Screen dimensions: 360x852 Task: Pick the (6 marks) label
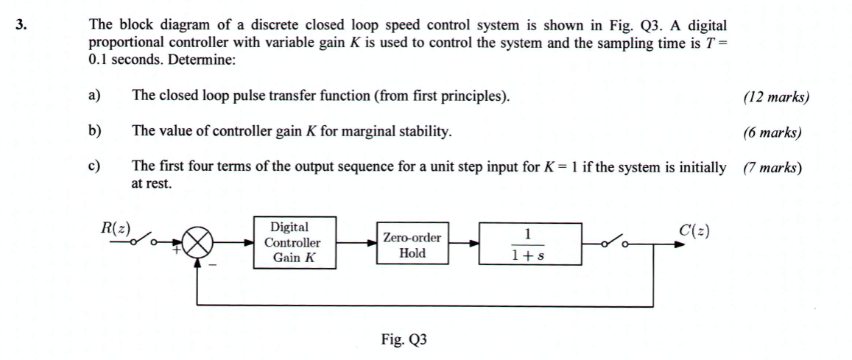[x=772, y=133]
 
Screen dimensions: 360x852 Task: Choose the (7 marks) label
[x=772, y=168]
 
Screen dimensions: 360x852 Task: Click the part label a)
[x=94, y=96]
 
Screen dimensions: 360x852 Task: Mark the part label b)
[x=94, y=132]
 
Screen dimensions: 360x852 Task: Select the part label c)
[x=94, y=167]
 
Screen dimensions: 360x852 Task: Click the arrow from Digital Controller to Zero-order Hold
[x=356, y=242]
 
